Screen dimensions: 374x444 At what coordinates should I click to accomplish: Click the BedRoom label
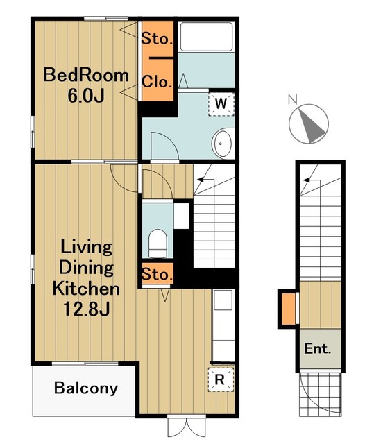tap(86, 76)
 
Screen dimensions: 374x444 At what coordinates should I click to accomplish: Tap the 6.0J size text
tap(86, 96)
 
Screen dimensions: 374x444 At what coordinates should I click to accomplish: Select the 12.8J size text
tap(86, 309)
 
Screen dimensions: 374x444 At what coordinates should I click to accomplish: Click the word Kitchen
tap(86, 289)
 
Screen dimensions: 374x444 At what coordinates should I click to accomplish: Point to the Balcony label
tap(86, 388)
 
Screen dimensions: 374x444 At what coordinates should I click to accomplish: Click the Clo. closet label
tap(157, 82)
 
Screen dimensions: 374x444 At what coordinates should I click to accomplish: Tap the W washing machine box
tap(221, 104)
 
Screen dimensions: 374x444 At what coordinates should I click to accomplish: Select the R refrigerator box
tap(221, 379)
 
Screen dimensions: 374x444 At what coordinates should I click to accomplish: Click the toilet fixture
tap(157, 244)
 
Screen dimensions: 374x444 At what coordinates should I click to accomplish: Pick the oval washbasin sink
tap(222, 144)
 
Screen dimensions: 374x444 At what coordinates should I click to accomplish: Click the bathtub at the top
tap(207, 36)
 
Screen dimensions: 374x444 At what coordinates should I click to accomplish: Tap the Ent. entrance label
tap(317, 348)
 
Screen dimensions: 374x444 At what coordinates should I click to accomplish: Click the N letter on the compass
tap(293, 99)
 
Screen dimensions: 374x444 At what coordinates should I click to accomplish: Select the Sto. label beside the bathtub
tap(157, 39)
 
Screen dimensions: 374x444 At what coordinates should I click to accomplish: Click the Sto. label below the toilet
tap(157, 274)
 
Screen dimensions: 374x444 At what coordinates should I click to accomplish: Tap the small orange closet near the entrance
tap(289, 309)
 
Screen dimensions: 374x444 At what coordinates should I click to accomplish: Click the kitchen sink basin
tap(223, 300)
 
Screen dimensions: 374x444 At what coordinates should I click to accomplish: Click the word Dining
tap(86, 268)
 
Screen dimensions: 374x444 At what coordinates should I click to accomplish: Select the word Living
tap(86, 247)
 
